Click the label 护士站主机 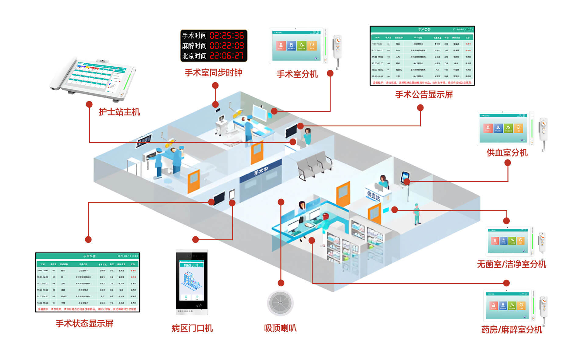(x=119, y=112)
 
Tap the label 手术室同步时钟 (x=213, y=73)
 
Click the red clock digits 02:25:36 (x=227, y=36)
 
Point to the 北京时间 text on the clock (x=194, y=56)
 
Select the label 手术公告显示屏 (x=424, y=95)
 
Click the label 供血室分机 (x=507, y=153)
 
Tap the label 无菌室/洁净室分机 (x=511, y=264)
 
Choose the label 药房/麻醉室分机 (x=512, y=330)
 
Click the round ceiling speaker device (x=280, y=303)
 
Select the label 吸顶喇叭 (x=280, y=328)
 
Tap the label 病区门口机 (x=192, y=328)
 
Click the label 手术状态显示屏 (x=84, y=323)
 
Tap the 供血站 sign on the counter (x=374, y=195)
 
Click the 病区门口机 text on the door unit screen (x=192, y=265)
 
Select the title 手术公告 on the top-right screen (x=424, y=30)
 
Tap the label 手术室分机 (x=297, y=74)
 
